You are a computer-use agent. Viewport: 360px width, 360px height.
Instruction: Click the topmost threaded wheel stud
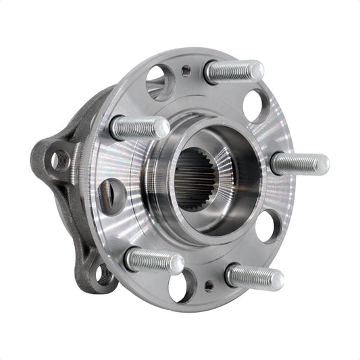tap(233, 71)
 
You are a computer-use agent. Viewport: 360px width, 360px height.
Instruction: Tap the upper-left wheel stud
tap(139, 126)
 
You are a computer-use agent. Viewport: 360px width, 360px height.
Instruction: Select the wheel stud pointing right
tap(299, 163)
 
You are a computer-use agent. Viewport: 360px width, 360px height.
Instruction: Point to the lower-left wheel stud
tap(155, 260)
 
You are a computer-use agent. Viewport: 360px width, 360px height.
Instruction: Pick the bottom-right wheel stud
tap(253, 276)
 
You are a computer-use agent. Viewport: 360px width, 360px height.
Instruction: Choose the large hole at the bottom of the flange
tap(180, 286)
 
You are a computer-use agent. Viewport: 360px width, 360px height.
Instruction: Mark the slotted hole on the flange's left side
tap(111, 195)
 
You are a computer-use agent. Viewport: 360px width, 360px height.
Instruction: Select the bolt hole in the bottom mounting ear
tap(103, 274)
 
